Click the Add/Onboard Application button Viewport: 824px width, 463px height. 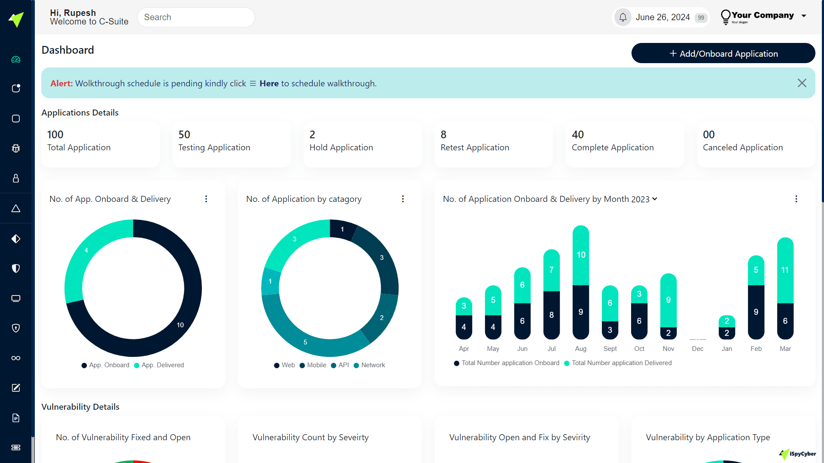click(723, 53)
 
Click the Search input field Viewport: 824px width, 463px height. click(196, 17)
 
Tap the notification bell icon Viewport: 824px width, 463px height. click(623, 17)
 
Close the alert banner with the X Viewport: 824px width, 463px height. click(802, 83)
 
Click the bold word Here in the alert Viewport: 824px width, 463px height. click(269, 83)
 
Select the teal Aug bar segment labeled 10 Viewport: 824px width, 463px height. click(581, 255)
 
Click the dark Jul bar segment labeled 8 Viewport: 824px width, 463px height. click(552, 315)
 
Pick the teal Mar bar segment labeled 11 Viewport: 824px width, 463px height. click(785, 270)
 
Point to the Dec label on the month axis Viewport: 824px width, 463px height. click(697, 349)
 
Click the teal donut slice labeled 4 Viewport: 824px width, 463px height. click(86, 250)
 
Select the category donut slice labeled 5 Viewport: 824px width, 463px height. click(305, 342)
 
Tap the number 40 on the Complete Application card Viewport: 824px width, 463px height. click(577, 134)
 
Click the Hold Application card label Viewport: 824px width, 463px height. click(341, 147)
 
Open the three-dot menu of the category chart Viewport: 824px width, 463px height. click(403, 199)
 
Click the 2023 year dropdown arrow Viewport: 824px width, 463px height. click(655, 199)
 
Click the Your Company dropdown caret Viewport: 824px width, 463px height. click(803, 16)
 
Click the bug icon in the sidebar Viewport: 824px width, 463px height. click(16, 149)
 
